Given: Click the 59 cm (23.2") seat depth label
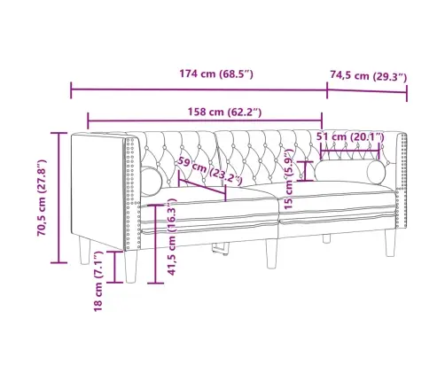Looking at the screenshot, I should pos(209,172).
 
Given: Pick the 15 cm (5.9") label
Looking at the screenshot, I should pos(289,177).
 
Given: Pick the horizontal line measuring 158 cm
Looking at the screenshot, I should pos(205,122).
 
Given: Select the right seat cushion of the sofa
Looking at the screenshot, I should pos(337,200).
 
